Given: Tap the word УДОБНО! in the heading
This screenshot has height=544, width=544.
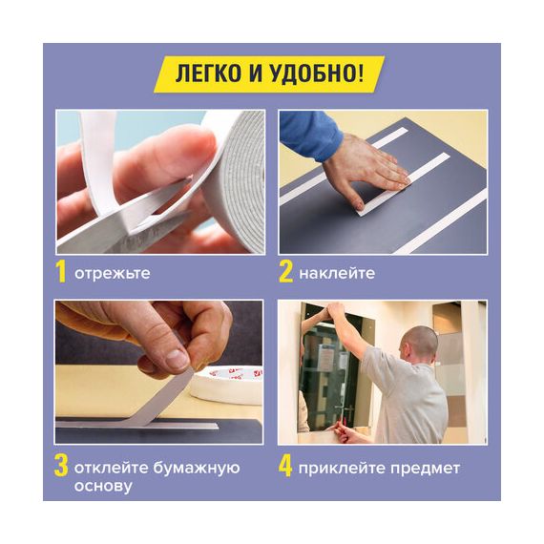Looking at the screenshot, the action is [x=317, y=73].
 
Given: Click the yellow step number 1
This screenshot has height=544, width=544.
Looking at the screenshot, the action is [x=61, y=272].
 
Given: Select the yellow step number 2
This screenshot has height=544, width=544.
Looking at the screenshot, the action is [x=286, y=272].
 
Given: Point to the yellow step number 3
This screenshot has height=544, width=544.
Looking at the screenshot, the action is [x=61, y=467].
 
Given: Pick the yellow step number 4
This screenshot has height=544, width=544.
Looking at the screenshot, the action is [x=285, y=467].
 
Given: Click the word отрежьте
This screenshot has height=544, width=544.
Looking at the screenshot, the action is [x=113, y=274].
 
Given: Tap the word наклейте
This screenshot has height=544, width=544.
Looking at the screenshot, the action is [x=337, y=274].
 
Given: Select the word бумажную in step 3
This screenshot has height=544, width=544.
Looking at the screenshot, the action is [x=197, y=468].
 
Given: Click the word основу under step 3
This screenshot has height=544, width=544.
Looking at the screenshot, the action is [x=103, y=486].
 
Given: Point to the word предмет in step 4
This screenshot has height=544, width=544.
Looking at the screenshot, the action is [x=426, y=469].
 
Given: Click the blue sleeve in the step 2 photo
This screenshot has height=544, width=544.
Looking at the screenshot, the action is [x=309, y=135].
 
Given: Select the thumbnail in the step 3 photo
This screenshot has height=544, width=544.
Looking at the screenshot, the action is [x=177, y=360].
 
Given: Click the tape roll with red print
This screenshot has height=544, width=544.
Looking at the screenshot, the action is [x=228, y=385].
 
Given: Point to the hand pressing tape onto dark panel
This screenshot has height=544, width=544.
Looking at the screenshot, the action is [x=365, y=169].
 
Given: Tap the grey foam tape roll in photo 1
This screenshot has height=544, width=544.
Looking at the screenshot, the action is [x=236, y=180].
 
